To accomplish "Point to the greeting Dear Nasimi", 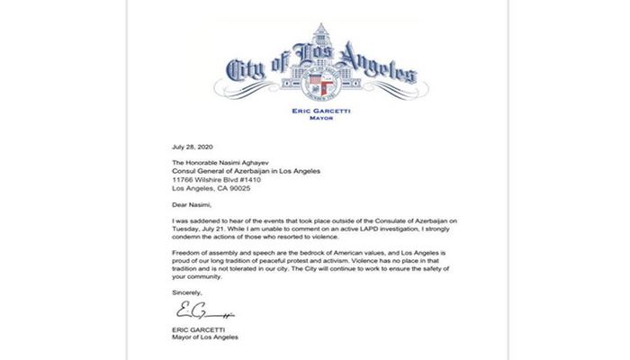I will tap(192, 203).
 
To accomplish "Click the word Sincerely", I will tap(187, 293).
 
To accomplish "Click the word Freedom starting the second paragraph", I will tap(185, 250).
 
